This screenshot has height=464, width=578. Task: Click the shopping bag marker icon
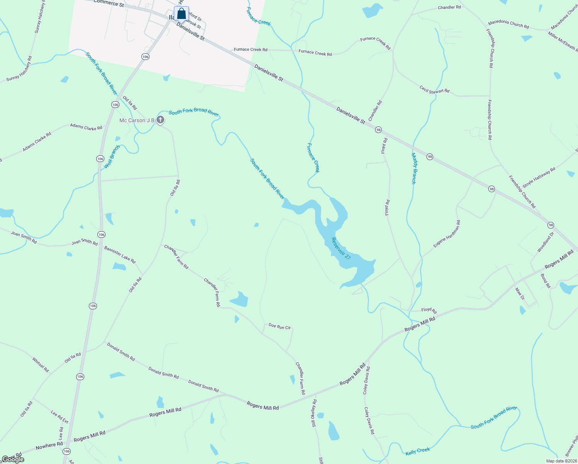coord(181,14)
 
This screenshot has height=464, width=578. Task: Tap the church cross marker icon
coord(160,120)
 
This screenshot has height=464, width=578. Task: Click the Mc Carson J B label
coord(137,120)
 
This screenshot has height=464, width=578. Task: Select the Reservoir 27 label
coord(341,248)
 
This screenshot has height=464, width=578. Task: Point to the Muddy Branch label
coord(413,168)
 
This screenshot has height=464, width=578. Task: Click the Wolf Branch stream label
coord(112,157)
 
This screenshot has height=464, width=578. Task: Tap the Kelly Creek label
coord(418,451)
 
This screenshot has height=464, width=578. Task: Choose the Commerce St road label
coord(109,3)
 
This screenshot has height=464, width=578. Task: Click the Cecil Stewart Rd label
coord(435,89)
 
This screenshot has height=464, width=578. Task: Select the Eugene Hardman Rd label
coord(447,234)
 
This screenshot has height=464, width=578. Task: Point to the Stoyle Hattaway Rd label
coord(539,177)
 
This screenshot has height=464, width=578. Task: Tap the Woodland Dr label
coord(546,242)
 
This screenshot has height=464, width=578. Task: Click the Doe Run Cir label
coord(279,327)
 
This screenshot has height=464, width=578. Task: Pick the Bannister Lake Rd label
coord(120,254)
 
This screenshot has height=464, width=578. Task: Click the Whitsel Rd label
coord(41,365)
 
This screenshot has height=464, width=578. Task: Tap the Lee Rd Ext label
coord(60,417)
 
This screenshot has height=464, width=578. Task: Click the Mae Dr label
coord(520,293)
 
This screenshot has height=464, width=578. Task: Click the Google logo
coord(13,459)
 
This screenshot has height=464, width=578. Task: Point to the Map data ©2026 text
coord(561,461)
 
